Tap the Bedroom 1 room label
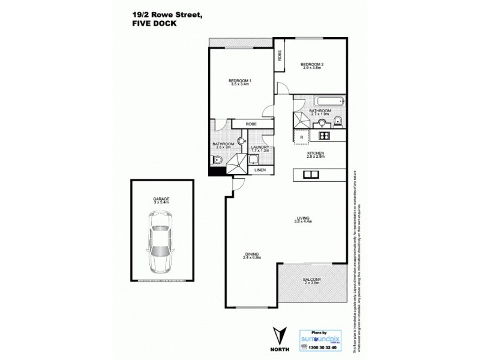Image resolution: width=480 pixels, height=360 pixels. (239, 82)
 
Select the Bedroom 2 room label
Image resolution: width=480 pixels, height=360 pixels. (313, 65)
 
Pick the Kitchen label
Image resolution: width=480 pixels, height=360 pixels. (316, 154)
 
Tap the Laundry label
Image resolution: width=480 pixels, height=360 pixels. (259, 149)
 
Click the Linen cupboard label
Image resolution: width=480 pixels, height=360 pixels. (260, 170)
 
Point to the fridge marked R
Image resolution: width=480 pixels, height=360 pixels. (301, 137)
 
